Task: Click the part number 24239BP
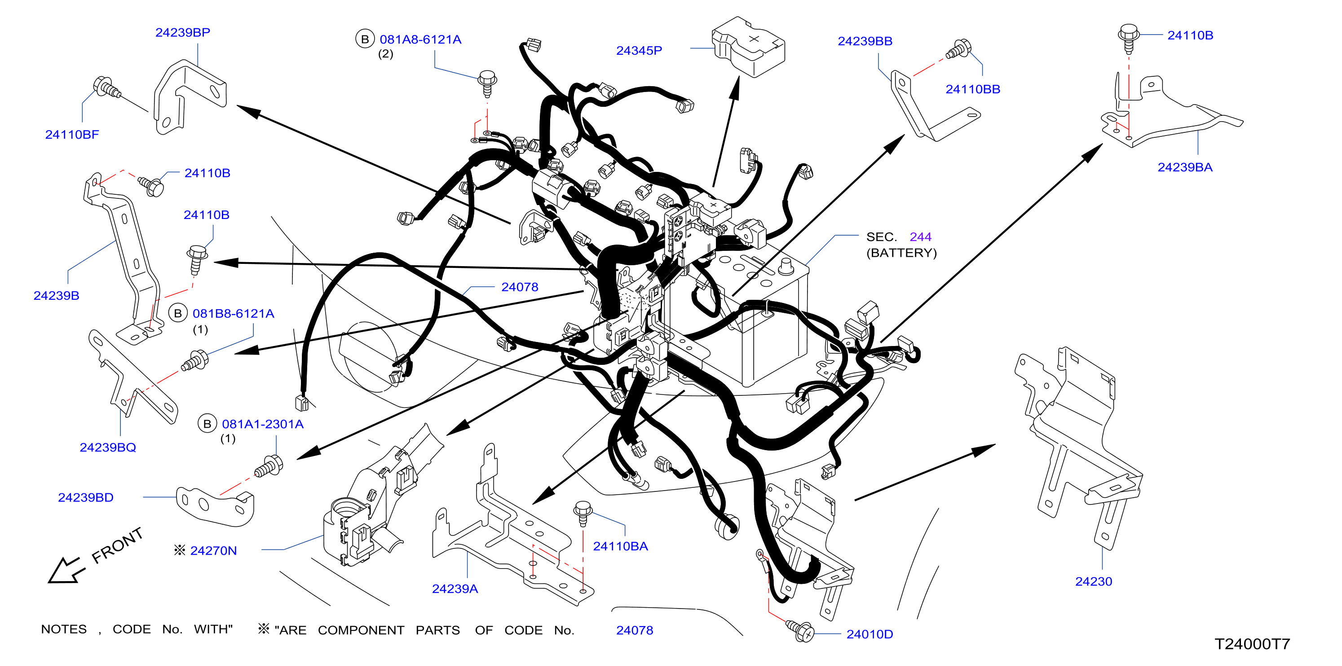[x=182, y=32]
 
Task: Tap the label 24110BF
[x=72, y=134]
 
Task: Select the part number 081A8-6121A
[x=420, y=39]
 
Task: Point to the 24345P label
[x=639, y=51]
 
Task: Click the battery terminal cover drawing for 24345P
[x=748, y=47]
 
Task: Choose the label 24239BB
[x=865, y=41]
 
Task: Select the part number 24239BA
[x=1185, y=167]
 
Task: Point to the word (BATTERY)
[x=901, y=253]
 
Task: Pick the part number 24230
[x=1094, y=582]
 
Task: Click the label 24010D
[x=870, y=634]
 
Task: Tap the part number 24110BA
[x=620, y=546]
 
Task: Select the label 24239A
[x=455, y=589]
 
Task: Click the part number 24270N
[x=214, y=551]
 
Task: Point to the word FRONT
[x=117, y=545]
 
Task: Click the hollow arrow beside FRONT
[x=65, y=571]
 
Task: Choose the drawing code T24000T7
[x=1252, y=644]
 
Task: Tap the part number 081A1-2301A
[x=263, y=425]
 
